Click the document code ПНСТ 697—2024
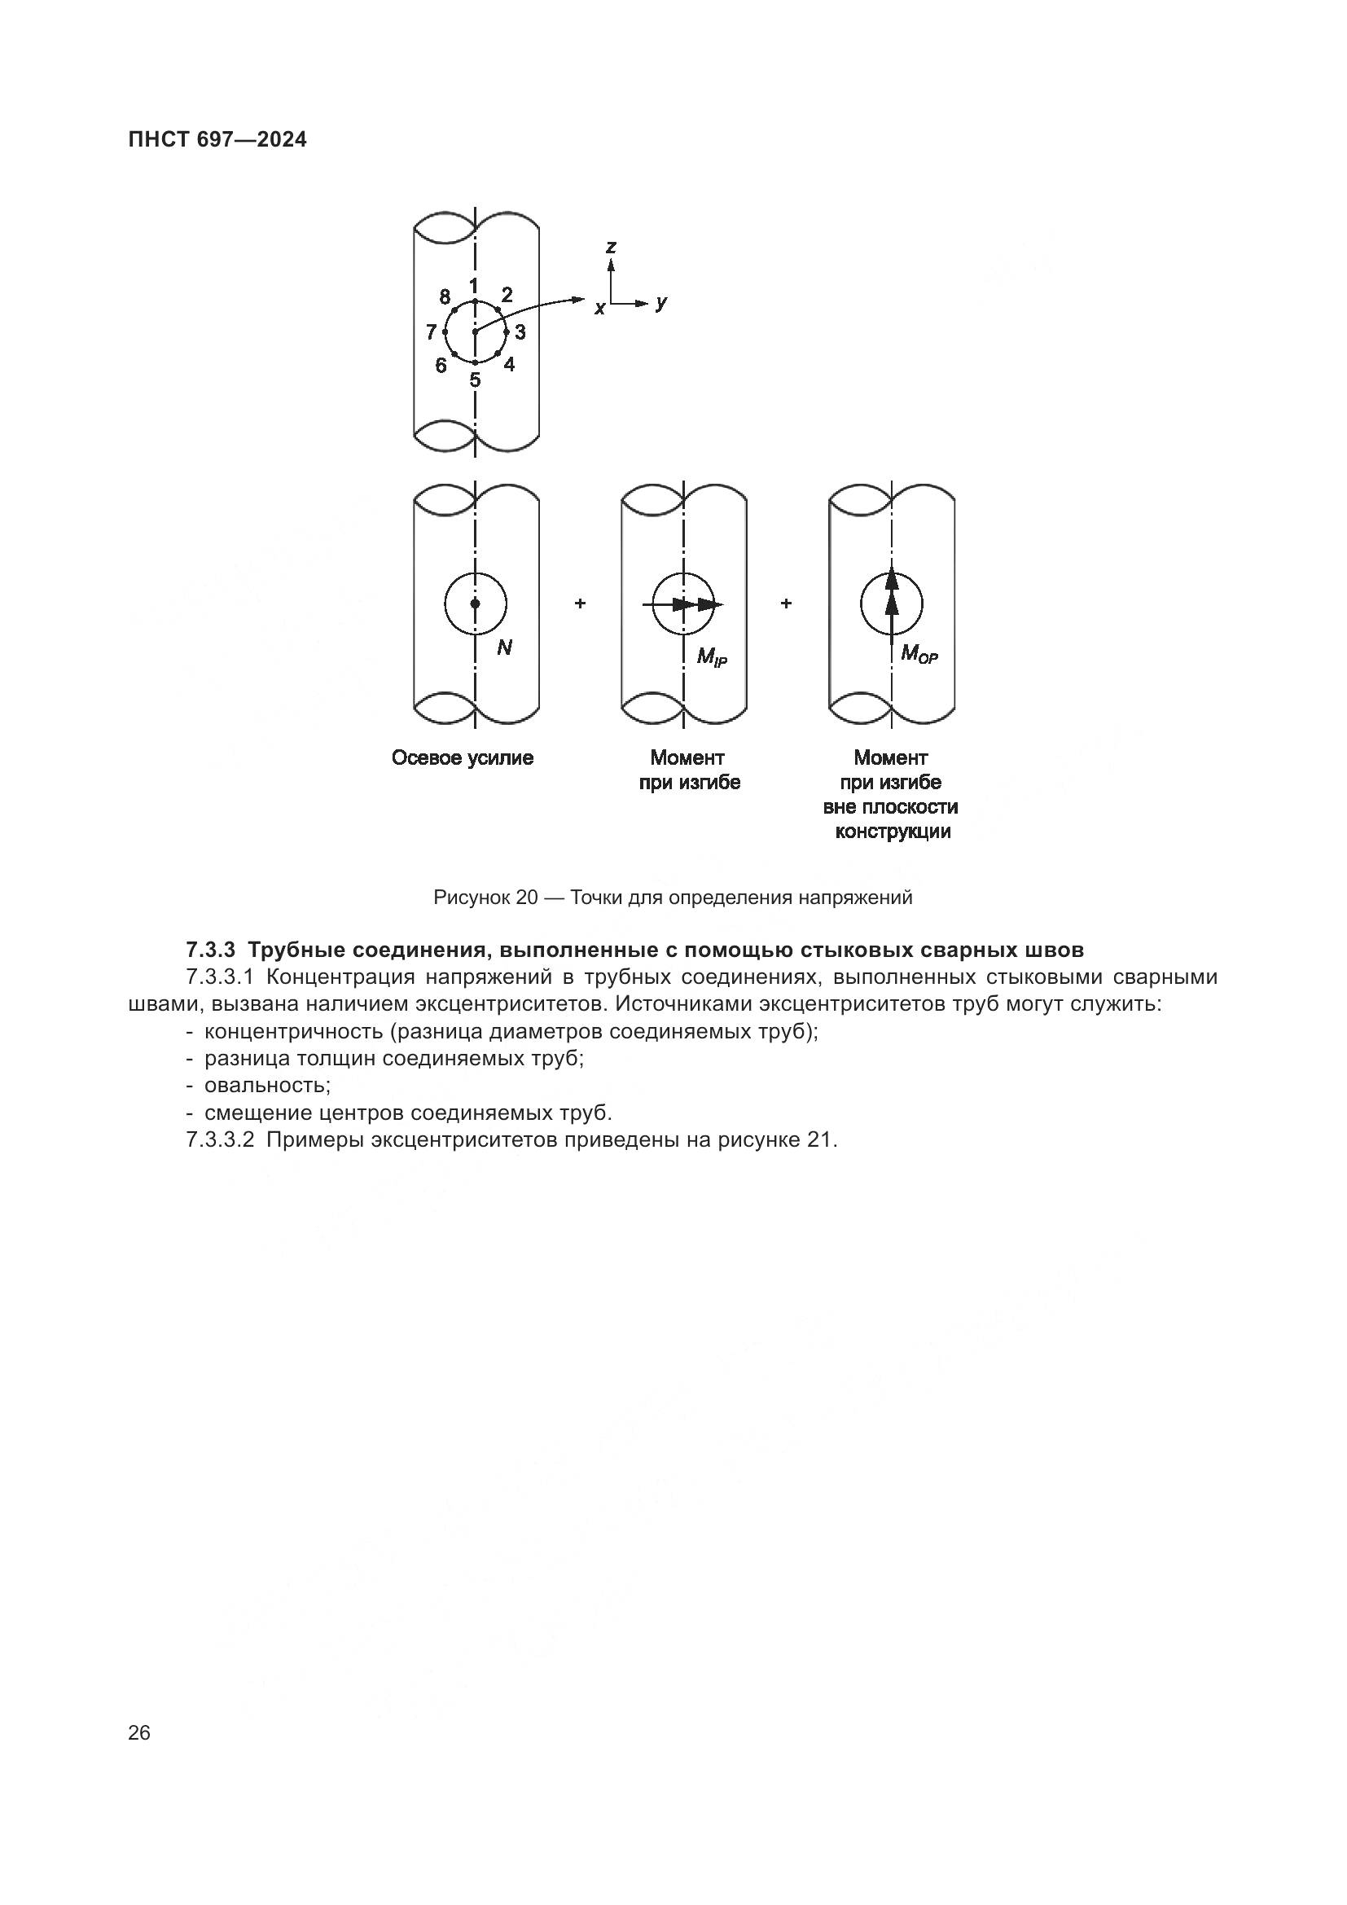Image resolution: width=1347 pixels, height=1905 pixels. [217, 140]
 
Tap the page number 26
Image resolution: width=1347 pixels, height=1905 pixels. [139, 1732]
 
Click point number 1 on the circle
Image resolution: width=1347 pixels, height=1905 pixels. [474, 286]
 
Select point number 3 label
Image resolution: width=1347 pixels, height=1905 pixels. [520, 333]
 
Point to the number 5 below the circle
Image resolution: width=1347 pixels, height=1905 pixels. [475, 381]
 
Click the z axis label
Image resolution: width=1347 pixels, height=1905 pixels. [612, 247]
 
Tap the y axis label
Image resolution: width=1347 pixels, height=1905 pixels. [660, 303]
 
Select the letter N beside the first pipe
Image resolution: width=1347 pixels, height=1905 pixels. [504, 648]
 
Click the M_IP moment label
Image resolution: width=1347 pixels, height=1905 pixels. [712, 658]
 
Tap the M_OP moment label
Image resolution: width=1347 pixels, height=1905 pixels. [919, 654]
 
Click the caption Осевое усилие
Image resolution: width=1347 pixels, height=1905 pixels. [462, 757]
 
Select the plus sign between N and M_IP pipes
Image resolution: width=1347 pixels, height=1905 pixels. [580, 604]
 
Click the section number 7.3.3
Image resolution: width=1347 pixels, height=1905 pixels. [212, 949]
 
